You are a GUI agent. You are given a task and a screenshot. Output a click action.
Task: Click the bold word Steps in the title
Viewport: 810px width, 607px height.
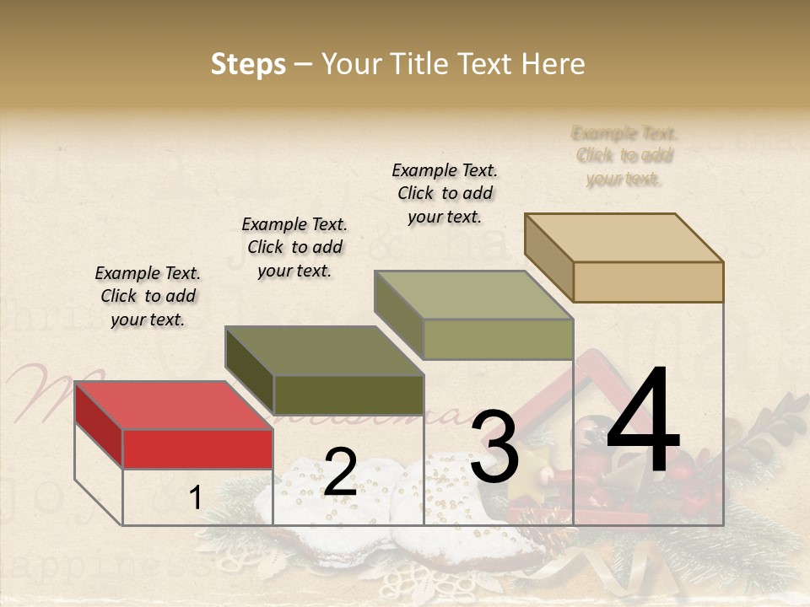[x=248, y=64]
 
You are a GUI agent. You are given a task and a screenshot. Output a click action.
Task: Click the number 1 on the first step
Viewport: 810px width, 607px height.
[x=195, y=497]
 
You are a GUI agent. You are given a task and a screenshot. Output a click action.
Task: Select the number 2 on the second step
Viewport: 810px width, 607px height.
[x=340, y=472]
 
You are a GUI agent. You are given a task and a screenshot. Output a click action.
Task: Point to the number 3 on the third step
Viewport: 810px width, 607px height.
[x=494, y=447]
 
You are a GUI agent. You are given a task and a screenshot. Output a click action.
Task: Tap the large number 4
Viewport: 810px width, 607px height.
[x=643, y=422]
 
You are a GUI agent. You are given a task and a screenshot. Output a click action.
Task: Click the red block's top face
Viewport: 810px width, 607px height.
[x=173, y=406]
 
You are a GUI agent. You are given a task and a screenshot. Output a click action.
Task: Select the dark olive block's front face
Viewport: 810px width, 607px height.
[x=348, y=395]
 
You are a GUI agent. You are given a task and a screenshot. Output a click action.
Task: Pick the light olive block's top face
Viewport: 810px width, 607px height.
[x=473, y=295]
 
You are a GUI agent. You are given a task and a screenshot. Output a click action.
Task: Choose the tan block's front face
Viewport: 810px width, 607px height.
[x=648, y=282]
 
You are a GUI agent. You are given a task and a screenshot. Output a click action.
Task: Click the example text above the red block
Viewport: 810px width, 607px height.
[x=148, y=296]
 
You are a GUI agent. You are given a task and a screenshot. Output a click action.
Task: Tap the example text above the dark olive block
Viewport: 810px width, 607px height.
[x=294, y=247]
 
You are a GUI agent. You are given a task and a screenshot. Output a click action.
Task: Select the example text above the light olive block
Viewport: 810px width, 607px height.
[x=445, y=193]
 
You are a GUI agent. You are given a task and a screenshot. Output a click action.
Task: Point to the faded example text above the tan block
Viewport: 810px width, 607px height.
[x=624, y=156]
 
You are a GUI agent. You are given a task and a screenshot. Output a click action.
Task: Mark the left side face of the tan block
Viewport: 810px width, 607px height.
[x=548, y=257]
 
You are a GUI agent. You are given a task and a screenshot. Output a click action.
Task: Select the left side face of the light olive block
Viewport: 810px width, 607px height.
[x=399, y=315]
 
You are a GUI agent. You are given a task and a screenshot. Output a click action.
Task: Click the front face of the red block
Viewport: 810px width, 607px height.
[x=197, y=449]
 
